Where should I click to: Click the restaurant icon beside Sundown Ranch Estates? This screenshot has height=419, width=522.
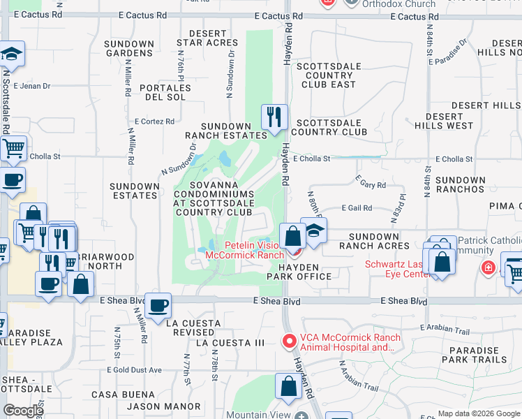pos(274,117)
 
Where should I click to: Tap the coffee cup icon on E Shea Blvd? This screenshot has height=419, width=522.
pos(159,305)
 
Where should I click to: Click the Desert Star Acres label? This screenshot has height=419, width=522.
pos(207,38)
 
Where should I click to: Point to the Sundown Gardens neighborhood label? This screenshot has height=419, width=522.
pos(129,48)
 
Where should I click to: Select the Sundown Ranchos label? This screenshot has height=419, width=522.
pos(460,184)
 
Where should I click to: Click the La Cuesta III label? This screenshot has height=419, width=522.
pos(230,343)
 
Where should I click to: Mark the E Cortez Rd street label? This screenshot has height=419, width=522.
pos(154,121)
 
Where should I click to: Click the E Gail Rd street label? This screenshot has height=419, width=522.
pos(357,207)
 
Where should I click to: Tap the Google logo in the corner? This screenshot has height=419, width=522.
pos(23,411)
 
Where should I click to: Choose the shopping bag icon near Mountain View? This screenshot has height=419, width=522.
pos(288,387)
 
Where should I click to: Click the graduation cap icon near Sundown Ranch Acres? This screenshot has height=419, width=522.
pos(315,232)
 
